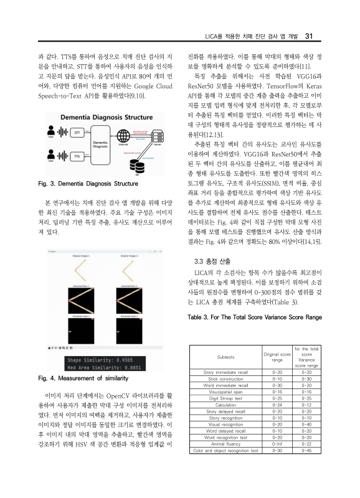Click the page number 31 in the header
[316, 34]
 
